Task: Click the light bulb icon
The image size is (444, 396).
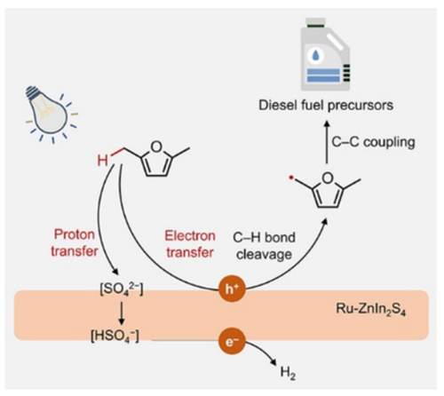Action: pyautogui.click(x=51, y=114)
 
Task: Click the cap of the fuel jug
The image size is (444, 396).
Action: pyautogui.click(x=315, y=22)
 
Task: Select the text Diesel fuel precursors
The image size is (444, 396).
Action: pyautogui.click(x=326, y=106)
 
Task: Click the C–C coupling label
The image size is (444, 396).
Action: pyautogui.click(x=373, y=142)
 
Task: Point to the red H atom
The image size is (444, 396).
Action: pyautogui.click(x=103, y=161)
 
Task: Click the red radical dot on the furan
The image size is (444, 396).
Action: pyautogui.click(x=291, y=178)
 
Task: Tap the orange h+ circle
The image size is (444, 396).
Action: pyautogui.click(x=233, y=289)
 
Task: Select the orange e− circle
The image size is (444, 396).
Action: pyautogui.click(x=233, y=341)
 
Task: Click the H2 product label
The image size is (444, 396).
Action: pyautogui.click(x=288, y=373)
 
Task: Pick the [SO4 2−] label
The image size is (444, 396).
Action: pyautogui.click(x=122, y=289)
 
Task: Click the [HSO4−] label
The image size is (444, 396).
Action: pyautogui.click(x=115, y=337)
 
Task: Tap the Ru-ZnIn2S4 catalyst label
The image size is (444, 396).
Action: pyautogui.click(x=370, y=310)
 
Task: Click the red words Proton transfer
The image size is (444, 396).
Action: pyautogui.click(x=75, y=243)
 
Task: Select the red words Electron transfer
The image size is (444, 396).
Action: pyautogui.click(x=190, y=244)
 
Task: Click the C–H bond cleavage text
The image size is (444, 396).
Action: pyautogui.click(x=264, y=246)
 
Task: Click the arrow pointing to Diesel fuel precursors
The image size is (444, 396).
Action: pyautogui.click(x=327, y=141)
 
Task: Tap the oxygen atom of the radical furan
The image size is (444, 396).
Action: pyautogui.click(x=328, y=178)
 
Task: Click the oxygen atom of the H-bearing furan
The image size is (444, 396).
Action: pyautogui.click(x=156, y=147)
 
